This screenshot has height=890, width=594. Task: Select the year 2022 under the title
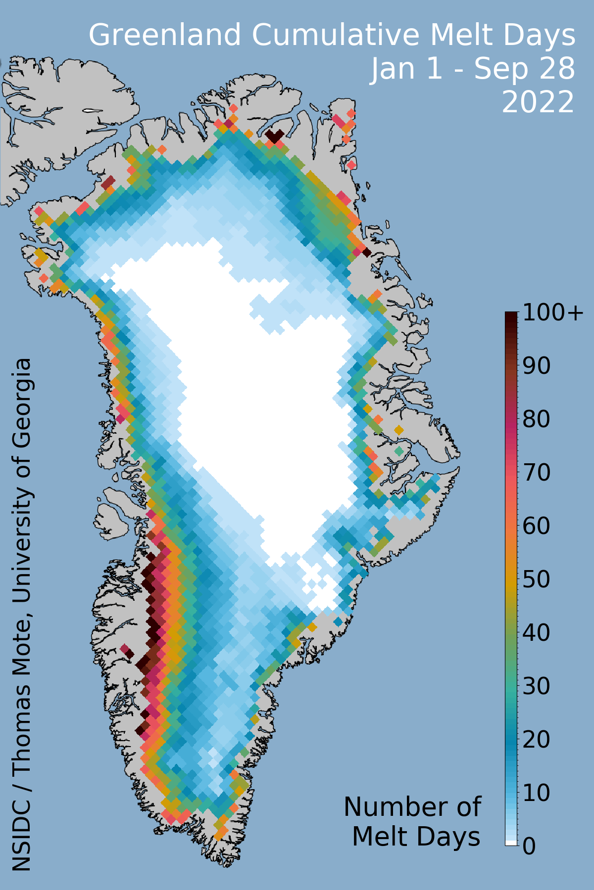coord(538,102)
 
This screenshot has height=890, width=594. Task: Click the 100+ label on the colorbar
coord(553,313)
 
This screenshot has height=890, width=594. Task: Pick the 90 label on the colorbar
coord(537,366)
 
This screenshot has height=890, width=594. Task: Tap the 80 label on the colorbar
coord(537,420)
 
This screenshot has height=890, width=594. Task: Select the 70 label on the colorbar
coord(537,473)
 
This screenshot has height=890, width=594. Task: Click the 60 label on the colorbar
coord(537,526)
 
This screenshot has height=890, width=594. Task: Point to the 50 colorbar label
coord(537,579)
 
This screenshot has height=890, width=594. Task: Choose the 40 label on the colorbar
coord(537,633)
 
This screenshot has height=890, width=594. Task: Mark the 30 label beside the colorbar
coord(537,686)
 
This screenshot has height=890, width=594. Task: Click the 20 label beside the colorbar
coord(537,740)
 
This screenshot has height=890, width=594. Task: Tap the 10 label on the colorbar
coord(537,793)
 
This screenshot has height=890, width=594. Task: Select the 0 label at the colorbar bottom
coord(529,846)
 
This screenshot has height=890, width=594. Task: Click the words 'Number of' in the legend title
coord(412,807)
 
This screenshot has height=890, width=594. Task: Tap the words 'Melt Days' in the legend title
coord(416,837)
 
